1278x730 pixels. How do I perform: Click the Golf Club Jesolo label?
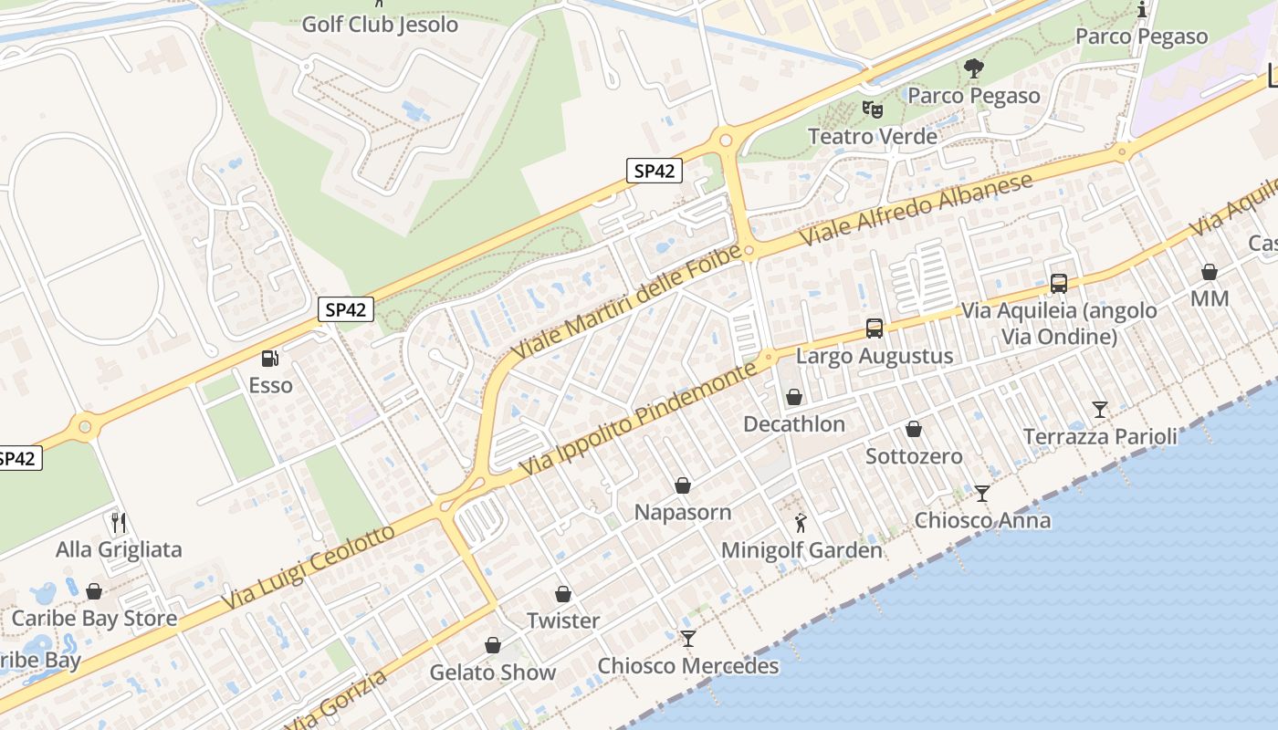click(x=380, y=25)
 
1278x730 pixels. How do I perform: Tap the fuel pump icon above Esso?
click(x=270, y=359)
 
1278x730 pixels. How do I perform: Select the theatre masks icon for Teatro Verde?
click(x=873, y=109)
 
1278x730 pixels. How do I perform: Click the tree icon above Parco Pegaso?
click(x=974, y=68)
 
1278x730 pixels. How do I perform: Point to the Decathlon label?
click(x=794, y=424)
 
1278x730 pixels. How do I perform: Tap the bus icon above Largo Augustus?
click(x=874, y=328)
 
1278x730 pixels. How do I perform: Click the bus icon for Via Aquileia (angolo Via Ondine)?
click(x=1059, y=283)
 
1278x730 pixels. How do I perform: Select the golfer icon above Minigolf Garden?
click(x=801, y=524)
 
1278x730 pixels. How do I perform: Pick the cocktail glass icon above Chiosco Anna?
click(x=982, y=494)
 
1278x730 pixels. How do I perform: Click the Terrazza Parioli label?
click(x=1100, y=437)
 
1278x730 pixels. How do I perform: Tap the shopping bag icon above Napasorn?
click(x=683, y=485)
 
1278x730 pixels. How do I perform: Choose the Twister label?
click(x=563, y=621)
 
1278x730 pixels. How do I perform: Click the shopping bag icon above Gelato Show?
click(x=493, y=646)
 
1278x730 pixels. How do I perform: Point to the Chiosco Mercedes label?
click(x=688, y=666)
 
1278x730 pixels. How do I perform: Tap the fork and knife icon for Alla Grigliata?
click(x=119, y=523)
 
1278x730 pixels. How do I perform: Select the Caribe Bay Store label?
click(x=94, y=619)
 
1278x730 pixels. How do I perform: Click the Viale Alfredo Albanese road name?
click(x=917, y=207)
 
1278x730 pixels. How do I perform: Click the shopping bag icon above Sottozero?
click(x=914, y=430)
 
